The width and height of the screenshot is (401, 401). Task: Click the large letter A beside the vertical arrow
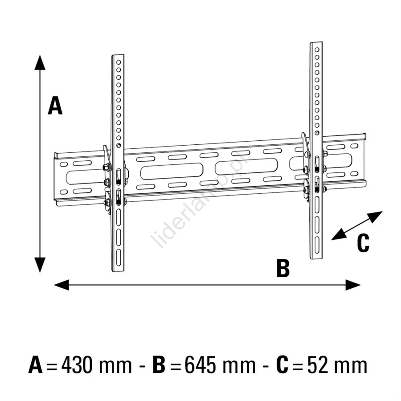click(x=55, y=105)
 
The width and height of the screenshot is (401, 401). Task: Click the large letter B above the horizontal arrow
click(x=283, y=268)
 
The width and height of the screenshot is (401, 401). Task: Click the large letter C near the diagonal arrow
click(x=363, y=243)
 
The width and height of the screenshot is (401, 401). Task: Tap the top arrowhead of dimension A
click(x=40, y=62)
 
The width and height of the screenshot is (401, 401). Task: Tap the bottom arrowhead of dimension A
click(x=40, y=265)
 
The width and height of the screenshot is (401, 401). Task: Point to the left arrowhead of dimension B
click(x=61, y=285)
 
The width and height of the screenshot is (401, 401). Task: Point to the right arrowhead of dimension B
click(x=353, y=285)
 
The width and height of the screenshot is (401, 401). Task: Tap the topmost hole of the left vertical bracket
click(x=119, y=62)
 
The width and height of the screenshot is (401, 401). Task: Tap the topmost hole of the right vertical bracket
click(x=317, y=49)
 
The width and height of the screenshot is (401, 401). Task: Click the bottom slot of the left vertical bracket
click(x=119, y=258)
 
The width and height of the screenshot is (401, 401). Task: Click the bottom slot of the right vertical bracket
click(x=317, y=245)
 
